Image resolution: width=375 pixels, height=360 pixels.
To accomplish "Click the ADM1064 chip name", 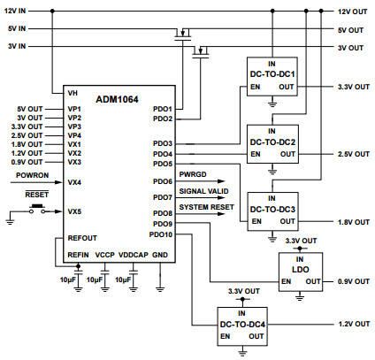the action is click(117, 99).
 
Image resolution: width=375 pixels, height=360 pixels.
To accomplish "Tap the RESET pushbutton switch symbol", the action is click(37, 209).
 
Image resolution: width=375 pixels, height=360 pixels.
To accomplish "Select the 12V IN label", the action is click(15, 11).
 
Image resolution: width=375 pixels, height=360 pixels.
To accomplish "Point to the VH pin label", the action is click(73, 93).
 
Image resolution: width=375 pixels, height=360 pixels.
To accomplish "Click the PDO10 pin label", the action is click(161, 234).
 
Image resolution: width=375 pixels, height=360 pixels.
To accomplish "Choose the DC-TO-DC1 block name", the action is click(272, 74).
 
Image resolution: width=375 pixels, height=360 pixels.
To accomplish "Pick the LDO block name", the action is click(301, 270).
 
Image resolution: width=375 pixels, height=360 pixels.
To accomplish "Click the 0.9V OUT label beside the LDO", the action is click(354, 281).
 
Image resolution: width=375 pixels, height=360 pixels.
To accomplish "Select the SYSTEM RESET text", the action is click(206, 207).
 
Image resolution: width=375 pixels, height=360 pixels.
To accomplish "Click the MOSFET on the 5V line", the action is click(183, 34).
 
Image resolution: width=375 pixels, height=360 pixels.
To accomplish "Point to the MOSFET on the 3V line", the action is click(201, 51).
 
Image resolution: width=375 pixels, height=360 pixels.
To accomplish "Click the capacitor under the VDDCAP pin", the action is click(134, 272).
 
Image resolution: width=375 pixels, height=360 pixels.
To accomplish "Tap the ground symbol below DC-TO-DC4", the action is click(242, 352).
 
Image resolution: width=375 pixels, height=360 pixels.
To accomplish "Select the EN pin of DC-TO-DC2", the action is click(256, 154).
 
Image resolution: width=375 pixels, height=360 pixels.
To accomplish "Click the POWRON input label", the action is click(32, 175).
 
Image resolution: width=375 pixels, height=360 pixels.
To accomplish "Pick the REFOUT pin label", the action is click(82, 238).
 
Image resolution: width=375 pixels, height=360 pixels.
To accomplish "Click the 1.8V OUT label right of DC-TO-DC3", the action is click(354, 222).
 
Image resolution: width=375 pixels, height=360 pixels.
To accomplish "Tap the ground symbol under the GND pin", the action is click(160, 288).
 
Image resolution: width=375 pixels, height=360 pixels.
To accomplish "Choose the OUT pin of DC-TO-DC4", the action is click(256, 336).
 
